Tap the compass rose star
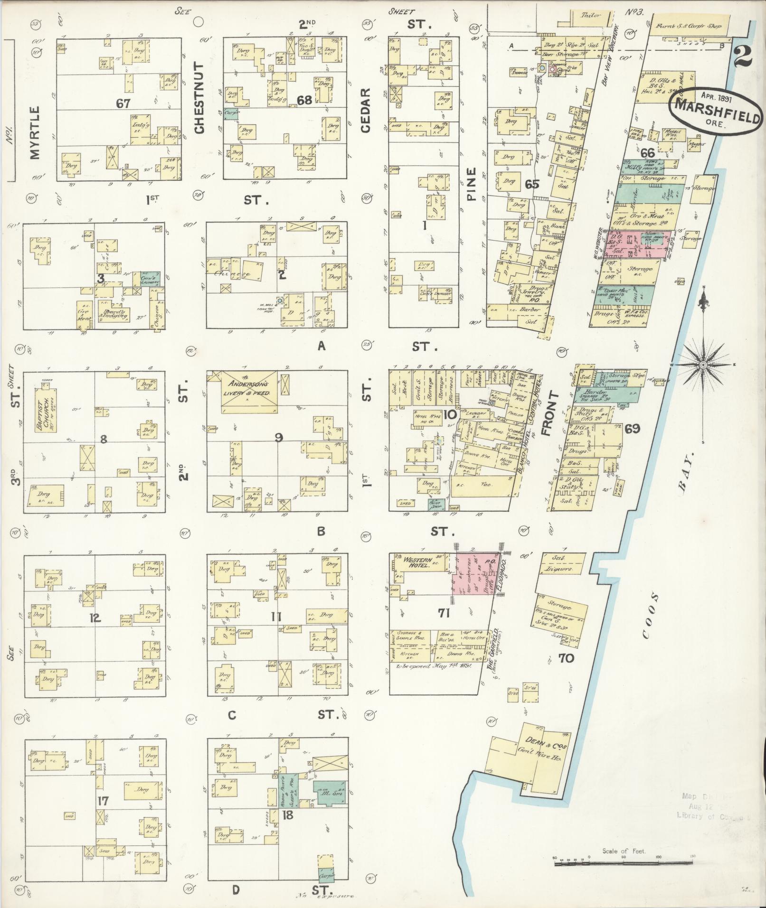click(x=702, y=365)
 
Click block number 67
click(x=123, y=103)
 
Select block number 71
click(x=444, y=613)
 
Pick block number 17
click(x=103, y=801)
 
